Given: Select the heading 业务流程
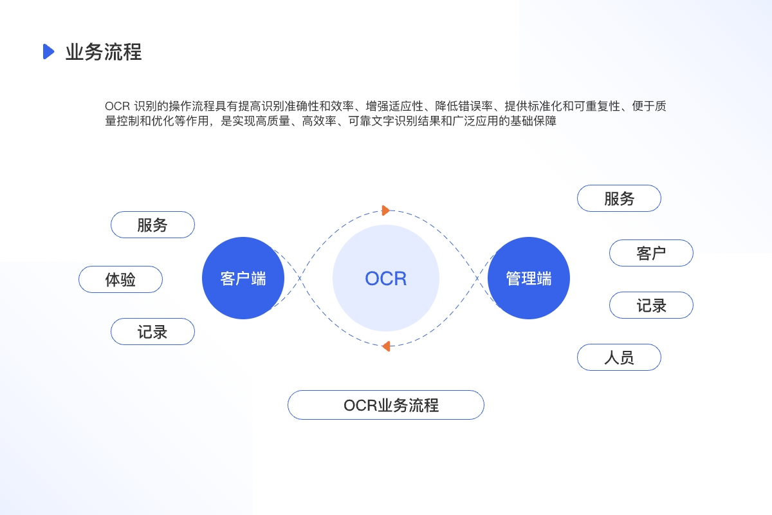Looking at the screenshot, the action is coord(104,52).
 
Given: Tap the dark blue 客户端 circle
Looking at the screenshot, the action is coord(243,278).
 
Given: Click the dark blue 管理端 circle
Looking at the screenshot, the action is coord(529,278).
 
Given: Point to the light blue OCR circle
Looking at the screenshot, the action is coord(386,278).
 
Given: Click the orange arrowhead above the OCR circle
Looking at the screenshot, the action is coord(385,211).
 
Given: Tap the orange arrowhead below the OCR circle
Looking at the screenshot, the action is coord(387,346).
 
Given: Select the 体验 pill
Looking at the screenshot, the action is coord(121,279).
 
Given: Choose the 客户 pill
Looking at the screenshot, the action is coord(651,253).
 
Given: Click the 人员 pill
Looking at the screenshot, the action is coord(619,357).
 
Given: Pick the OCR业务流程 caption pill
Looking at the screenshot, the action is coord(386,405).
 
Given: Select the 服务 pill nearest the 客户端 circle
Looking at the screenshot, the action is coord(152,225).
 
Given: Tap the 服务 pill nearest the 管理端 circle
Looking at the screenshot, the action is coord(619,198).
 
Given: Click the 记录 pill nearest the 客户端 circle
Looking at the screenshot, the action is coord(152,332).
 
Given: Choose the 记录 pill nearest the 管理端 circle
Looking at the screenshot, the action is coord(651,305).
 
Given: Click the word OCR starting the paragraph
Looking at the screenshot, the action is coord(117,106).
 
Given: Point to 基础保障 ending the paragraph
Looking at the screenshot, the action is coord(533,121).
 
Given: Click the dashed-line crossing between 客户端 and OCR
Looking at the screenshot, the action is coord(300,278).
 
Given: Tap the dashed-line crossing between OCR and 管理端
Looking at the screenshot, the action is coord(477,278).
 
